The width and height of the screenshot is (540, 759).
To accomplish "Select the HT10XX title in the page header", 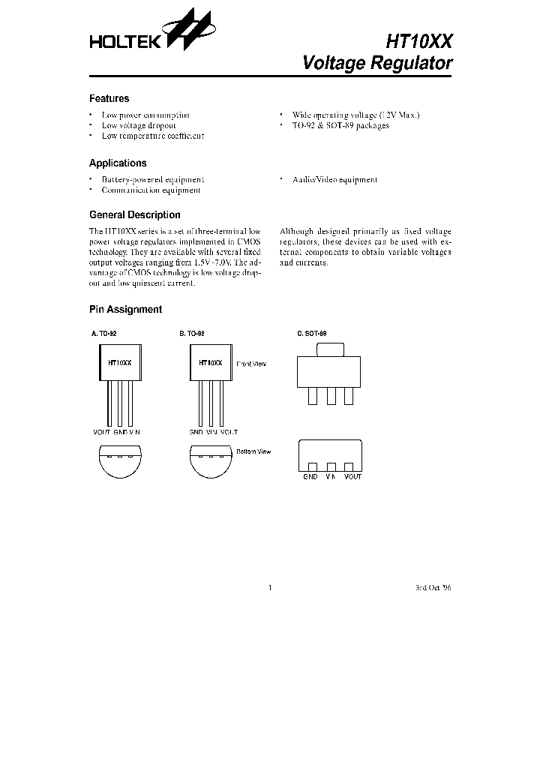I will [418, 40].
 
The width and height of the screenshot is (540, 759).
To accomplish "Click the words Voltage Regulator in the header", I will [377, 63].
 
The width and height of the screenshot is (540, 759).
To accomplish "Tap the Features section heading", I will [109, 99].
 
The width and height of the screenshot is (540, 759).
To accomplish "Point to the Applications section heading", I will [118, 163].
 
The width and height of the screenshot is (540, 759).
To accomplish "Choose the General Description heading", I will [135, 215].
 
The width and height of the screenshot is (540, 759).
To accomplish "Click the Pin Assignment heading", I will [125, 310].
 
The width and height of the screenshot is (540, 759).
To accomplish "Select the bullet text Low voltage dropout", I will [139, 126].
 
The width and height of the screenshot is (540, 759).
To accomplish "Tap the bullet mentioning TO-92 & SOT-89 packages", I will [340, 126].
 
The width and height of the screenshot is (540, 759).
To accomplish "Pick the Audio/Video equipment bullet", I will [334, 180].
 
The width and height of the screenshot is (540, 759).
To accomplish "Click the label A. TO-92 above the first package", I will [103, 333].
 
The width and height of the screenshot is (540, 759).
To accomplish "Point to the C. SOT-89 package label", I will [312, 333].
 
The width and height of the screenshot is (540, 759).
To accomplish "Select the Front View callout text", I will [251, 364].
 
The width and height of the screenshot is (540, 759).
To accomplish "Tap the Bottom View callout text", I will [253, 451].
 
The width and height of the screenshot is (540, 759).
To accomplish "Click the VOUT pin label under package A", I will [101, 433].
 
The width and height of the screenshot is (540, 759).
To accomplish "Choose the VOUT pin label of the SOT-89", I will [352, 477].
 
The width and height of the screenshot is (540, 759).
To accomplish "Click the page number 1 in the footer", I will [269, 588].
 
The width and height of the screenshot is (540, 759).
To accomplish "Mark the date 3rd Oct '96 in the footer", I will [433, 588].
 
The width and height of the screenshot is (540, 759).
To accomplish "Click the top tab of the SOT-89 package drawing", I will [331, 349].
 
